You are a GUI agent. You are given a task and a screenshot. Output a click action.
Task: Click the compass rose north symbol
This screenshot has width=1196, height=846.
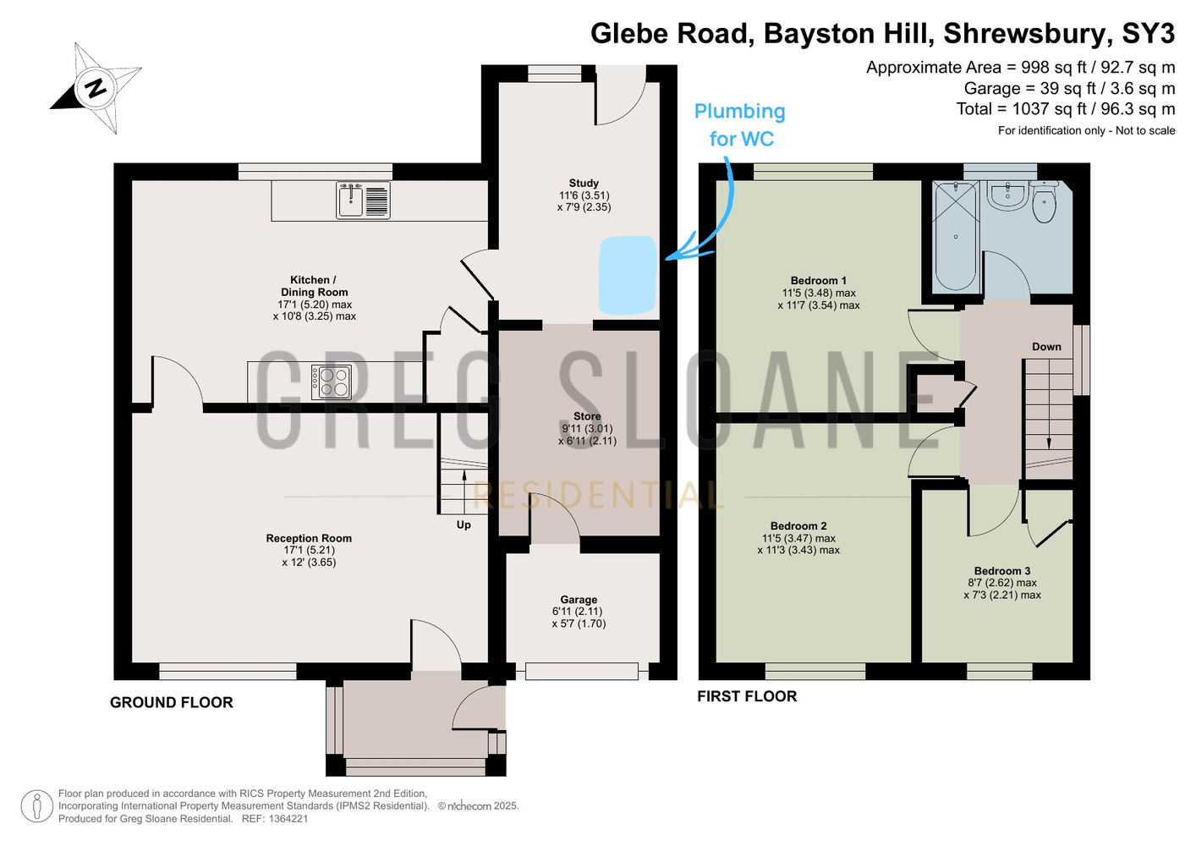[x=96, y=88]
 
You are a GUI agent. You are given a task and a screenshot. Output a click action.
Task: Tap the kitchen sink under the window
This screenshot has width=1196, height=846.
[x=363, y=201]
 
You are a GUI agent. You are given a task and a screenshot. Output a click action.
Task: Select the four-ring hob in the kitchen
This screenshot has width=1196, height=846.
[x=332, y=382]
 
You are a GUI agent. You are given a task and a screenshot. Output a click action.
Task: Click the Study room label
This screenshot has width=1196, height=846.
[x=584, y=184]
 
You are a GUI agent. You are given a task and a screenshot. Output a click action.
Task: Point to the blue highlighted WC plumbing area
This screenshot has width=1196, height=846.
[x=628, y=274]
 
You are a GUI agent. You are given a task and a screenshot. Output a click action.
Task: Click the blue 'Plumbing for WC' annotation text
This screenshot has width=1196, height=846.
[x=740, y=125]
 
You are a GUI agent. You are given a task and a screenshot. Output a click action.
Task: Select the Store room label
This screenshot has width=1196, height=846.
[x=587, y=416]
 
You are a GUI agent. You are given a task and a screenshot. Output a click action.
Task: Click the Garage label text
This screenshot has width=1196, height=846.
[x=579, y=600]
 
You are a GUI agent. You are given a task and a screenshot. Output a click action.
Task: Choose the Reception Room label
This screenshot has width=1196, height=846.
[x=309, y=538]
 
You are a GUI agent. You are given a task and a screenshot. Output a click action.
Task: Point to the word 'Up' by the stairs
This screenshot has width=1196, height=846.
[x=464, y=525]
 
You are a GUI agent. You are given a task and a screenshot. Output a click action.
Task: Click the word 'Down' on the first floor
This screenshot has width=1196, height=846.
[x=1046, y=347]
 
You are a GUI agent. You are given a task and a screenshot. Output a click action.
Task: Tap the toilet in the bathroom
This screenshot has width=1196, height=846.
[x=1045, y=202]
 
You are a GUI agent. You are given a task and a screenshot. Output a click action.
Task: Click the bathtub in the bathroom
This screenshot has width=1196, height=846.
[x=956, y=236]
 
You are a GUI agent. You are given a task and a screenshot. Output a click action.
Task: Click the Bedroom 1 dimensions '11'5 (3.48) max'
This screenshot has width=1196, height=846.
[x=819, y=293]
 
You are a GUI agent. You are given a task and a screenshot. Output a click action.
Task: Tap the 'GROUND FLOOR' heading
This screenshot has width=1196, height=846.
[x=172, y=702]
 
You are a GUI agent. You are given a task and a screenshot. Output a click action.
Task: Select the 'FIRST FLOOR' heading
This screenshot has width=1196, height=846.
[x=747, y=696]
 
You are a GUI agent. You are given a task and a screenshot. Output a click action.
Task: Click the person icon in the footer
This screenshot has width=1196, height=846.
[x=37, y=806]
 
